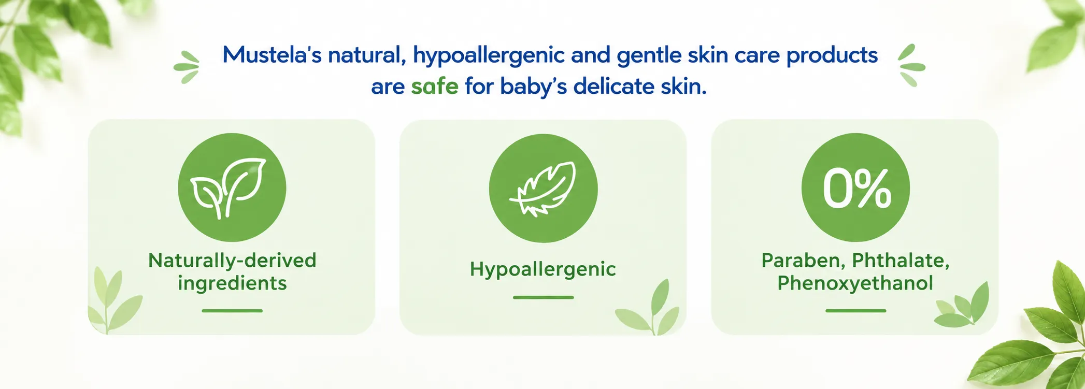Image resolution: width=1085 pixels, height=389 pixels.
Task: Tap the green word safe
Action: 435,87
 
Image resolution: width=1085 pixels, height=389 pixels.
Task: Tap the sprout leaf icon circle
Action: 232,188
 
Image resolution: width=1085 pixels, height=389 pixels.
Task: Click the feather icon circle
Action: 543,188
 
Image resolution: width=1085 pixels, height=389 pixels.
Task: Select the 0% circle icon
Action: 855,188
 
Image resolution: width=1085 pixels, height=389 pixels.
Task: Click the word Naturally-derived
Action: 232,261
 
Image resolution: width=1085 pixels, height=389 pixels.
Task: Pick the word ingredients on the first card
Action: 232,283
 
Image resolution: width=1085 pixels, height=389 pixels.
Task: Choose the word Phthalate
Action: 901,261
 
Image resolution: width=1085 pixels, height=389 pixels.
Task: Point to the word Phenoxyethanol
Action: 855,283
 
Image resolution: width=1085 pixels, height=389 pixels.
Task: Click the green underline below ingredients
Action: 232,311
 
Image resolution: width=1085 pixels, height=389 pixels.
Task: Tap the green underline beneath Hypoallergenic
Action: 543,297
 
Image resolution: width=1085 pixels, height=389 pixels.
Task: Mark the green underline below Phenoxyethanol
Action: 855,311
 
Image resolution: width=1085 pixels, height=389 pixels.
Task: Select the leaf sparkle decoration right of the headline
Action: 911,66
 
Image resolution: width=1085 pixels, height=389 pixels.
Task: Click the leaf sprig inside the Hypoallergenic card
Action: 649,309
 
